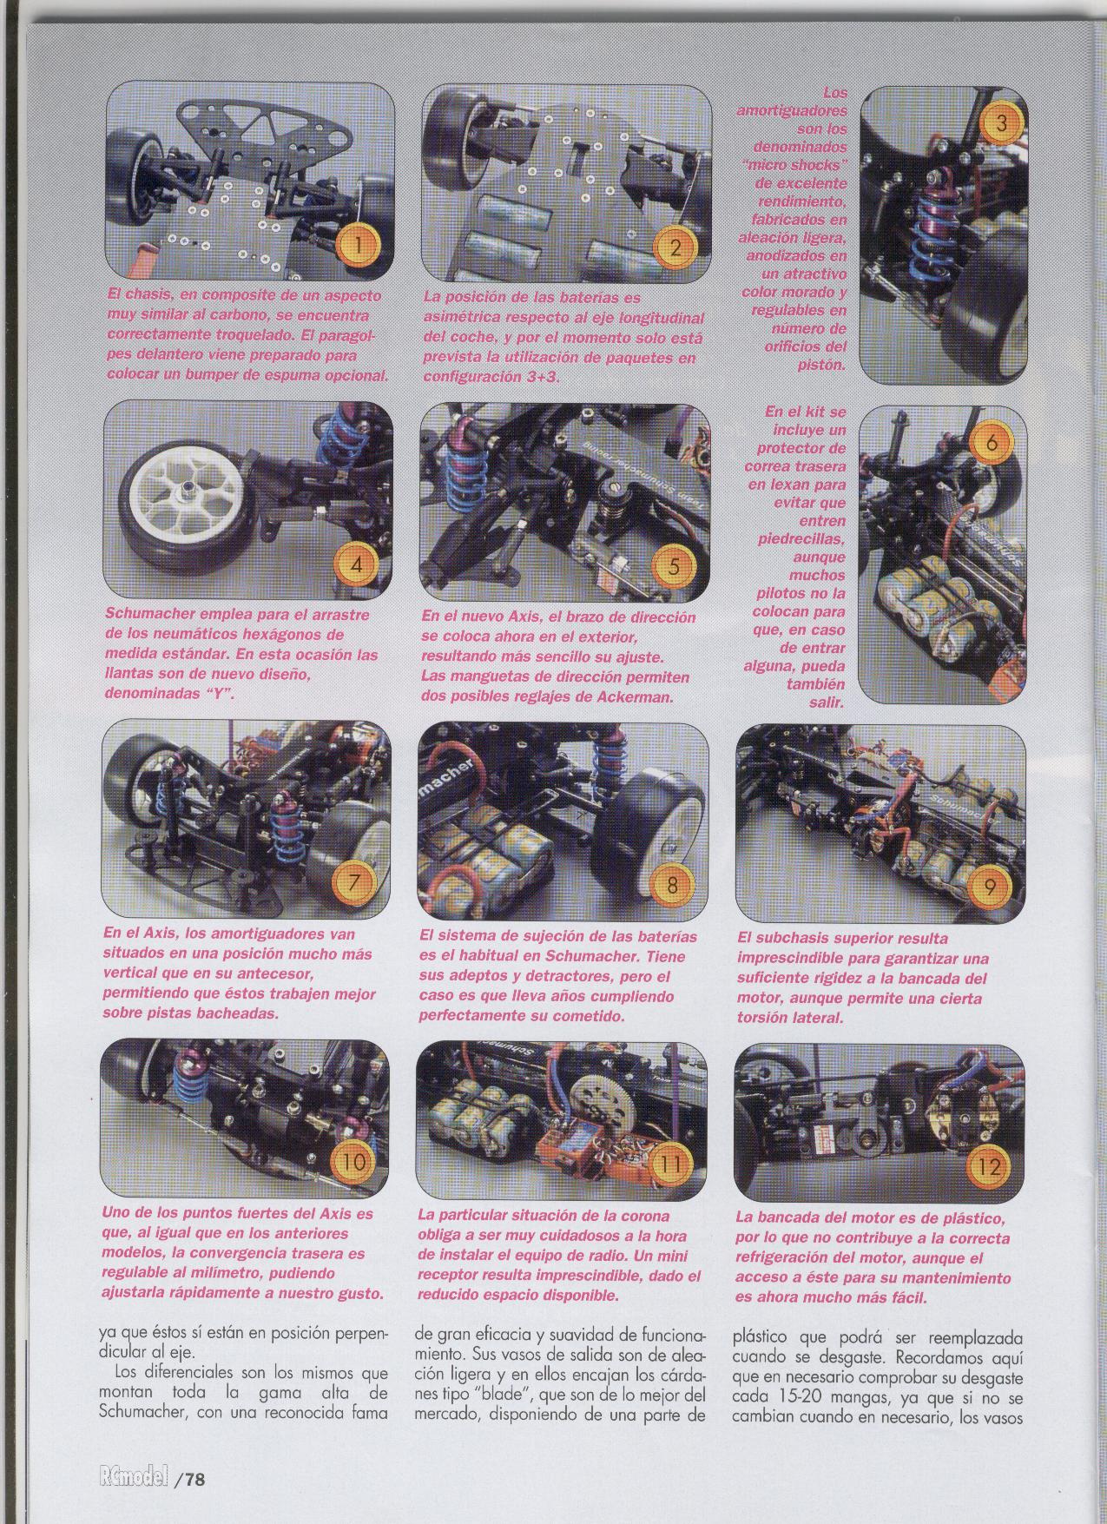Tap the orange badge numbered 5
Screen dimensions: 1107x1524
673,566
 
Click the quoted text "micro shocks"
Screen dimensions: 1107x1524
796,165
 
